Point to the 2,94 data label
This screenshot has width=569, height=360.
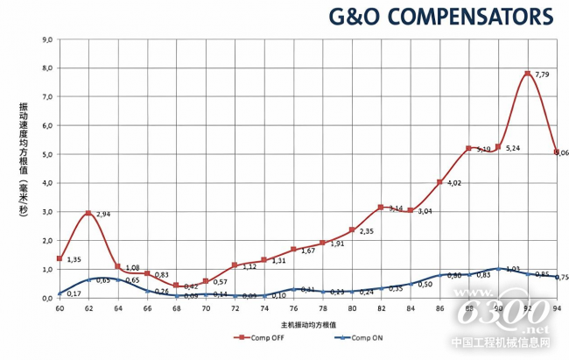point(103,214)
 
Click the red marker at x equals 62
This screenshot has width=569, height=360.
point(88,213)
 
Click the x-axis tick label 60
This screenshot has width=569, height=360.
point(60,308)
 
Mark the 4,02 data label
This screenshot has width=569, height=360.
point(454,183)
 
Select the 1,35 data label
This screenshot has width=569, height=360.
point(74,260)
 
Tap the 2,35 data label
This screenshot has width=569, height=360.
point(367,231)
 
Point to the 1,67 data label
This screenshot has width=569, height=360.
point(308,251)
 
